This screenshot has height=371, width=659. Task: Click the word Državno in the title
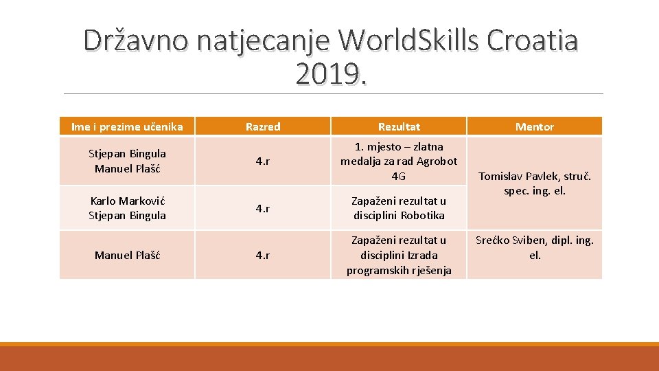pos(136,41)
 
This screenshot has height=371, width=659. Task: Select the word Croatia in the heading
pos(532,41)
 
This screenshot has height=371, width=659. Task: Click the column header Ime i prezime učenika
pos(127,126)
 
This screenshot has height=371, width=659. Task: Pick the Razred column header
pos(262,126)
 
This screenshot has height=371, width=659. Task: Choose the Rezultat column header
pos(399,126)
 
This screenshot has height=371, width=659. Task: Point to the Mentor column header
pos(534,126)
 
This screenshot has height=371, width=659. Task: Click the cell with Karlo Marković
pos(127,208)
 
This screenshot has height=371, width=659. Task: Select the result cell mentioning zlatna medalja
pos(399,161)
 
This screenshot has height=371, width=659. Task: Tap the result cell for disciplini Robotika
pos(399,208)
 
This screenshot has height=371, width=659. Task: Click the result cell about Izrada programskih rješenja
pos(399,255)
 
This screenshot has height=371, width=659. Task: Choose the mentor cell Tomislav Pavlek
pos(534,183)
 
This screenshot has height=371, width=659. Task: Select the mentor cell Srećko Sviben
pos(534,247)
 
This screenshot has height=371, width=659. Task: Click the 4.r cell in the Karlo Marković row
pos(262,208)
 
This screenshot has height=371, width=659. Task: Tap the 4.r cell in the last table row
pos(262,255)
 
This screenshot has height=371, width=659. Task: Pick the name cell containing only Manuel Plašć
pos(127,255)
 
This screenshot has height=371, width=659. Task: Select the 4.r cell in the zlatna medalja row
pos(262,161)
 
